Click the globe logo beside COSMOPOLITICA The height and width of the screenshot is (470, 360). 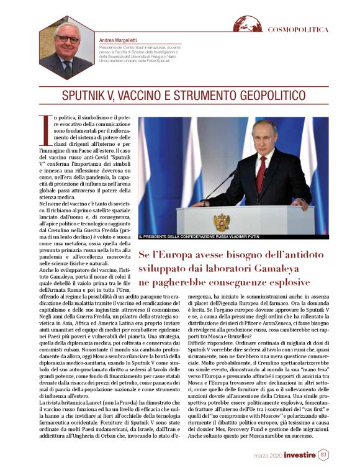coord(248,25)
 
